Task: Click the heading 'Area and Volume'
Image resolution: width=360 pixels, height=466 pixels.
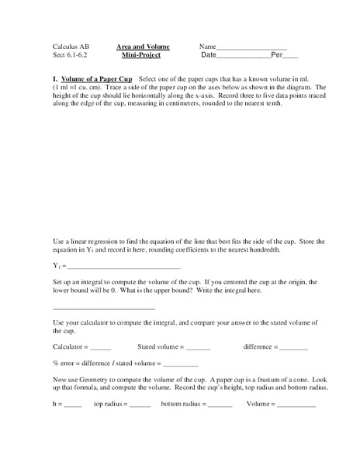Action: point(143,47)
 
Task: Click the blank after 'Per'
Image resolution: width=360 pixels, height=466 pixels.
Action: point(289,58)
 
